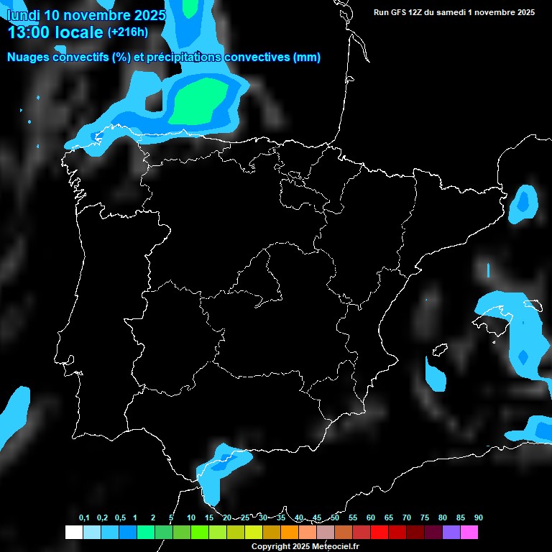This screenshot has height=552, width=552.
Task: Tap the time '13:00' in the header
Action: tap(29, 32)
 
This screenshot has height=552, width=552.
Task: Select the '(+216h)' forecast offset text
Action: tap(128, 32)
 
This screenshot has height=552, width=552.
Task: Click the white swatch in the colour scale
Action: tap(73, 533)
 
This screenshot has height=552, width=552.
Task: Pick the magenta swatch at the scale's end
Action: tap(469, 533)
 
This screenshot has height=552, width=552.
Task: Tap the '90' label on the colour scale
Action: tap(478, 517)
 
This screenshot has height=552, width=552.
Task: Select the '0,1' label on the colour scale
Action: tap(84, 517)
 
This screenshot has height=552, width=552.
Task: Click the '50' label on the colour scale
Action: tap(335, 517)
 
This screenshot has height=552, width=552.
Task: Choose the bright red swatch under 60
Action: tap(379, 533)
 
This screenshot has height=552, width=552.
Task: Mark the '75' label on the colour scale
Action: tap(425, 517)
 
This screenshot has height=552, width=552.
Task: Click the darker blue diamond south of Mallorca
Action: tap(523, 356)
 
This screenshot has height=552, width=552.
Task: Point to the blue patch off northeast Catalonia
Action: tap(523, 203)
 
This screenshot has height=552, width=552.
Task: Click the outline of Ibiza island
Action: tap(438, 351)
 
